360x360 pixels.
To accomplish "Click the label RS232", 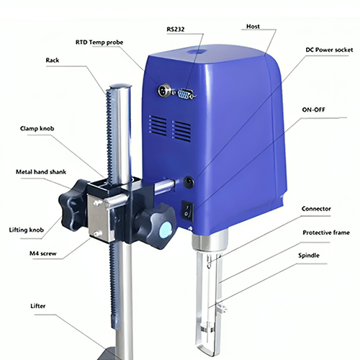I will [x=175, y=30].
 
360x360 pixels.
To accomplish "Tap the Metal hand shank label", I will [x=42, y=172].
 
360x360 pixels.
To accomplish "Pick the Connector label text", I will [x=316, y=209].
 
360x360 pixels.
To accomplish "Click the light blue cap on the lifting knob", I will [x=166, y=230].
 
